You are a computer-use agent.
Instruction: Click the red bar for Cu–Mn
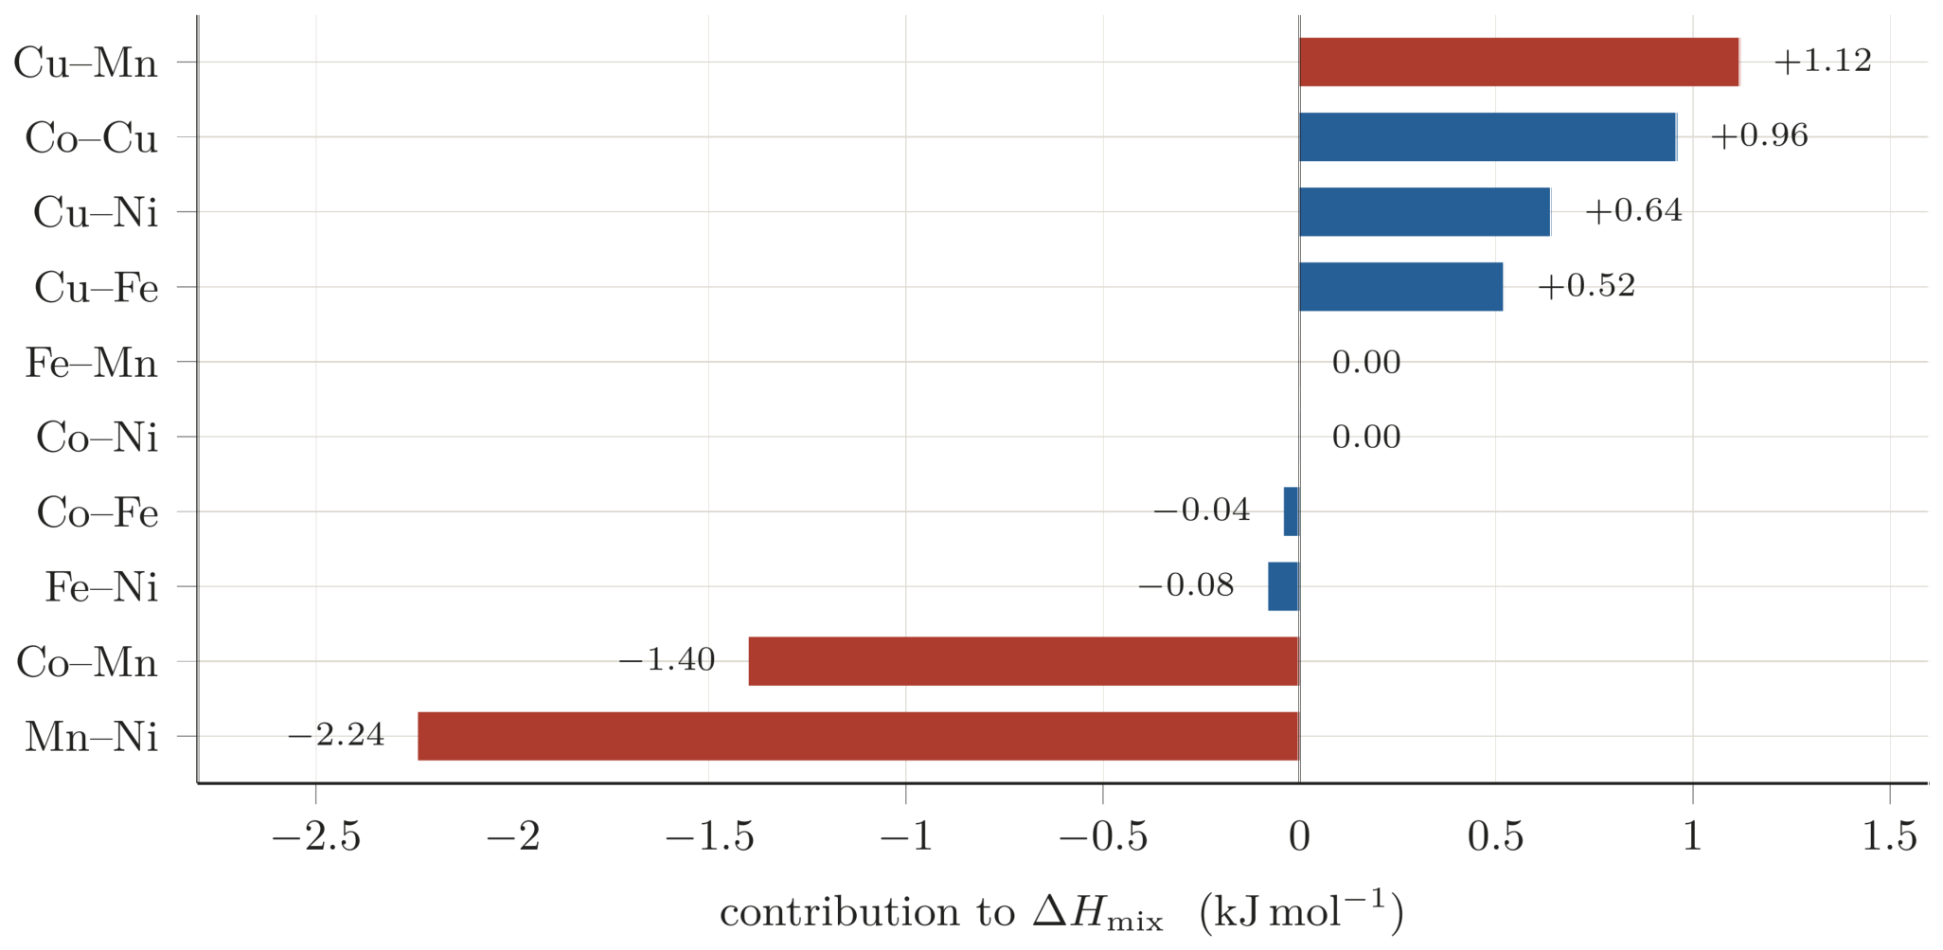click(1519, 63)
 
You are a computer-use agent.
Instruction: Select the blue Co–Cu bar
click(1488, 137)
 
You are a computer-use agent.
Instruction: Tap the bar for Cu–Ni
click(1425, 212)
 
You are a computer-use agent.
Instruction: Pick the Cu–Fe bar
click(1401, 287)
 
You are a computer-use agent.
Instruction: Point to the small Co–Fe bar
click(1292, 511)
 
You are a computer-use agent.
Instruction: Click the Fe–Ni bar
click(1284, 586)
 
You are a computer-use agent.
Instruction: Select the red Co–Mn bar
click(1024, 661)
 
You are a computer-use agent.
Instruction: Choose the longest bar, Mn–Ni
click(858, 736)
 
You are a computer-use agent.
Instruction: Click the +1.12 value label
click(1823, 62)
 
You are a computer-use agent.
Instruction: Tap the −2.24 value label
click(336, 735)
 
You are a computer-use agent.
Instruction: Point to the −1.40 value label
click(667, 660)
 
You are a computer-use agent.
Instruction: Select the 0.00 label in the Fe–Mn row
click(1366, 362)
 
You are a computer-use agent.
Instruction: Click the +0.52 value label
click(1587, 286)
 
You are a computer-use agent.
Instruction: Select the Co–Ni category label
click(97, 438)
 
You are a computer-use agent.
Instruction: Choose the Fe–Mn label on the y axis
click(91, 363)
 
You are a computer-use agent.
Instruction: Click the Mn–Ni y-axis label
click(91, 737)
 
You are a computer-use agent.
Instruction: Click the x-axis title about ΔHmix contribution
click(1061, 912)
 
